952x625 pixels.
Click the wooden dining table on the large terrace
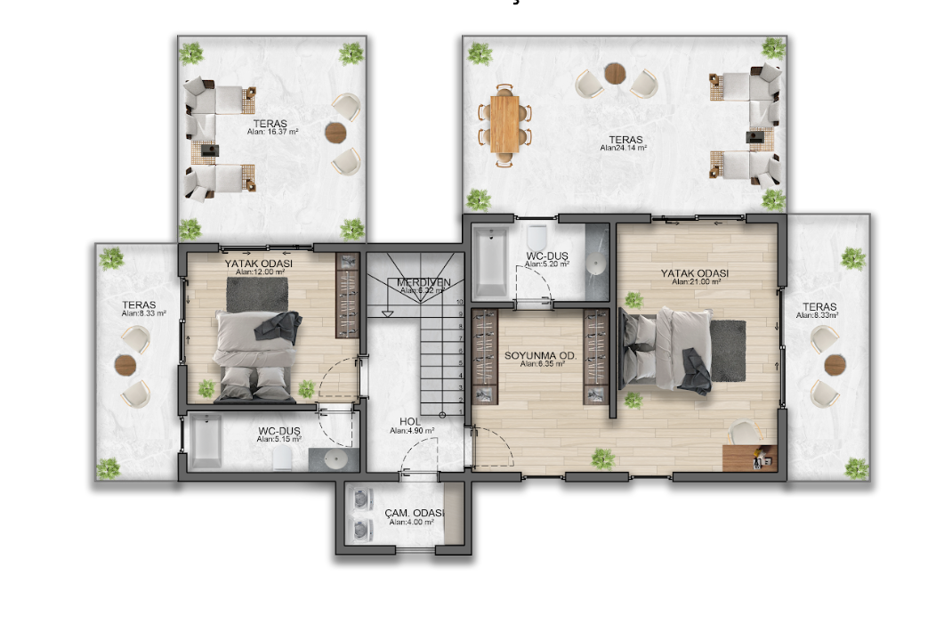click(504, 124)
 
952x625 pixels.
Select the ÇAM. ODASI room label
click(415, 513)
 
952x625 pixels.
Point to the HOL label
click(410, 421)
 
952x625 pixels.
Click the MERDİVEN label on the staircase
click(424, 282)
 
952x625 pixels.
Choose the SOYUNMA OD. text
click(541, 355)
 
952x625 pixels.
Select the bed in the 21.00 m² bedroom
click(667, 348)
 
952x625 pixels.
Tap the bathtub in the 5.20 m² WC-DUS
click(490, 264)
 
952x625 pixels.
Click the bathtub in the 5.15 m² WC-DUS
click(206, 441)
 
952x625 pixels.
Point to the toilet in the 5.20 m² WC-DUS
click(537, 239)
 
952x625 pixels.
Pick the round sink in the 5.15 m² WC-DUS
click(335, 459)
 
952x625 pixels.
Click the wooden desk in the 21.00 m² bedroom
click(749, 458)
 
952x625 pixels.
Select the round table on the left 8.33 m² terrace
click(125, 365)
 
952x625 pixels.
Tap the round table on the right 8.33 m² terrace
click(835, 365)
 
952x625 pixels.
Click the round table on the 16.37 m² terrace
click(335, 133)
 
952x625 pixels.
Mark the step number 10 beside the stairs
click(460, 303)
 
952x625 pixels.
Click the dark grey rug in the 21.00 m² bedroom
click(729, 351)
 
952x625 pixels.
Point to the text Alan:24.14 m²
click(623, 149)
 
